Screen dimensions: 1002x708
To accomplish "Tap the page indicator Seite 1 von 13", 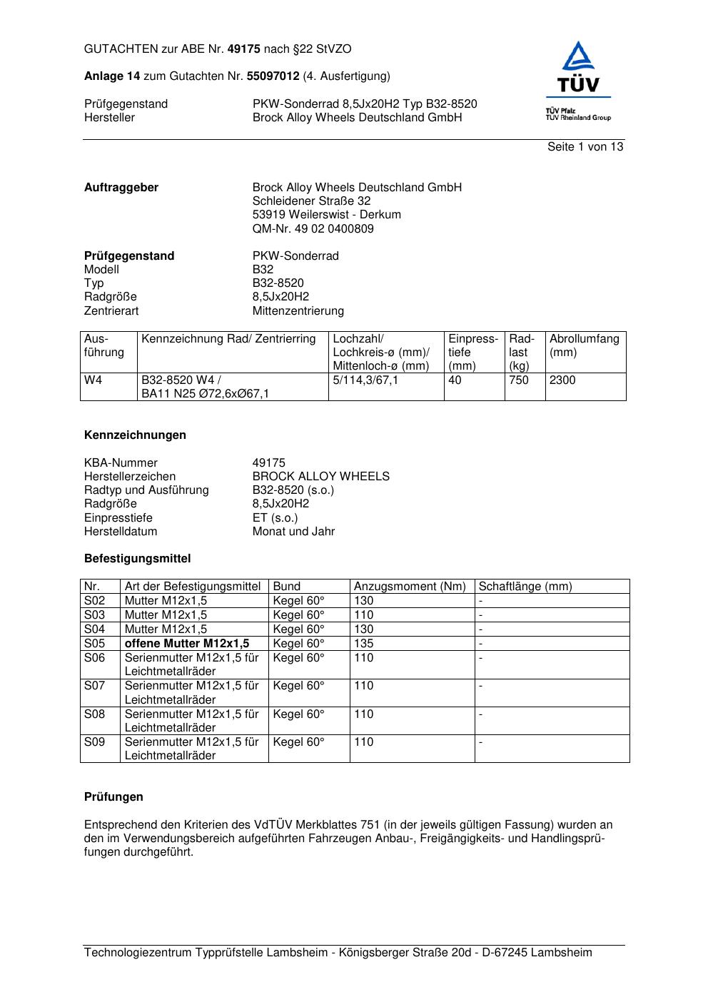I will (x=585, y=147).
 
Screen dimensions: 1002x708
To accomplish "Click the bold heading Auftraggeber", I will (x=121, y=188).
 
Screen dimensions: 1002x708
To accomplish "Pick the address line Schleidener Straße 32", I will (x=311, y=201).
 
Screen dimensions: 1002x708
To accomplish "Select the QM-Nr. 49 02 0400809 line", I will (x=313, y=229).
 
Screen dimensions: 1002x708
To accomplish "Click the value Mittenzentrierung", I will (x=298, y=311).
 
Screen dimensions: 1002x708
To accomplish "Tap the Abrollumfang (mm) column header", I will (x=584, y=345).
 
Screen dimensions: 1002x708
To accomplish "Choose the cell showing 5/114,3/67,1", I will (x=365, y=380).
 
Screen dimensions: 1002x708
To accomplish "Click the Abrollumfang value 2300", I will (x=562, y=380).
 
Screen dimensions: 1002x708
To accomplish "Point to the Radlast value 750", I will (x=519, y=380).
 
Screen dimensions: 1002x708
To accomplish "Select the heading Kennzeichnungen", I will (x=135, y=435).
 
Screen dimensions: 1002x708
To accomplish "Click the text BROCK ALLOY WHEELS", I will (x=320, y=477).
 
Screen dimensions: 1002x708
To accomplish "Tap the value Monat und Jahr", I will (x=293, y=532).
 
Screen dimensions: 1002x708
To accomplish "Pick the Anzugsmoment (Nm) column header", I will (x=410, y=587).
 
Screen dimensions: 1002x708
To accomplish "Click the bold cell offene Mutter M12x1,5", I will (x=187, y=644).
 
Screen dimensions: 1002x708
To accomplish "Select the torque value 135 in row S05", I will (x=363, y=644).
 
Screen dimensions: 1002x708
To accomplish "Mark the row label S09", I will (x=94, y=742).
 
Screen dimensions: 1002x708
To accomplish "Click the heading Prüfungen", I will (x=113, y=797).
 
